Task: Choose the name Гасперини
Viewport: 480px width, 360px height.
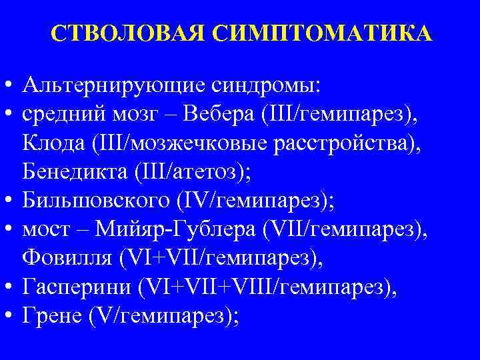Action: click(75, 287)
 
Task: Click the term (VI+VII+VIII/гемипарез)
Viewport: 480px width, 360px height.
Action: click(266, 287)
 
